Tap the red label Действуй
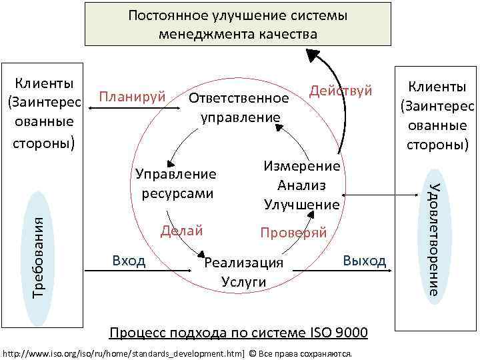click(x=339, y=91)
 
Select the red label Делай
click(x=181, y=231)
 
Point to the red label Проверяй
click(x=293, y=233)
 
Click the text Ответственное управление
click(x=239, y=107)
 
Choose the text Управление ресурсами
click(x=177, y=183)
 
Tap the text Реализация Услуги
click(x=243, y=272)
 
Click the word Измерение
click(x=302, y=167)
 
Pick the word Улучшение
click(x=302, y=203)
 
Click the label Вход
click(x=129, y=260)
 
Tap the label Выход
click(x=364, y=259)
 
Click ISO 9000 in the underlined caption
click(x=339, y=332)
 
